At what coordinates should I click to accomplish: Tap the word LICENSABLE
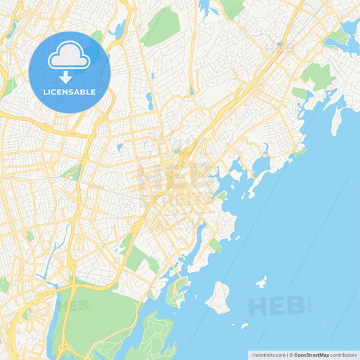click(69, 91)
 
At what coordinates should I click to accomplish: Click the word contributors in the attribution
click(342, 354)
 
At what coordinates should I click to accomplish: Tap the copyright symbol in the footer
click(290, 354)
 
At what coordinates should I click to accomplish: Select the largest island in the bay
click(218, 298)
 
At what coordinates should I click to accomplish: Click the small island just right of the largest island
click(261, 282)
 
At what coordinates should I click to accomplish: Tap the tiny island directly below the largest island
click(244, 326)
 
